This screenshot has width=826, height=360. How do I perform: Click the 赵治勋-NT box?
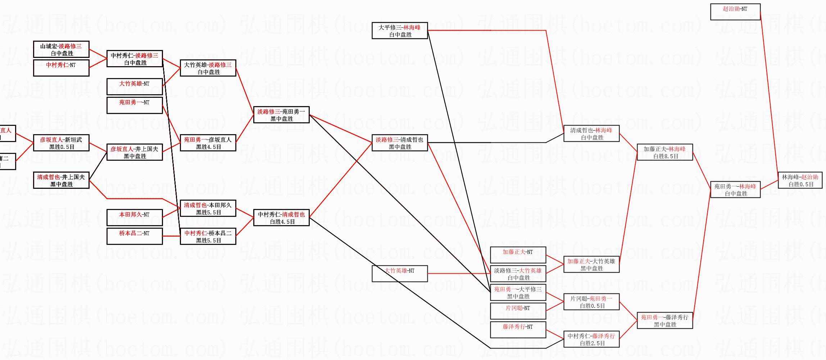click(735, 12)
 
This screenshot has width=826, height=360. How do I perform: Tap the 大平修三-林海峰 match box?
click(399, 31)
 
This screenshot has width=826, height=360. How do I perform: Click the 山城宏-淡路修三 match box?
click(61, 49)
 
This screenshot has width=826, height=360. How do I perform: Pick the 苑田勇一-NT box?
click(135, 105)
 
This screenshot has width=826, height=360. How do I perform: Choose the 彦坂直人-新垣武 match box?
click(61, 143)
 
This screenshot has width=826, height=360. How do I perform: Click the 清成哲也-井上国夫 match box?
click(61, 180)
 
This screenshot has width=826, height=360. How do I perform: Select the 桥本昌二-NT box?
click(135, 236)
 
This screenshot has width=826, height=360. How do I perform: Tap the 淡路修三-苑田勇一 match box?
click(281, 115)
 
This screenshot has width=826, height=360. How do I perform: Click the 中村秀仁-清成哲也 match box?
click(281, 218)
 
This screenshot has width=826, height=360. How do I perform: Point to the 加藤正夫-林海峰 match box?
click(665, 152)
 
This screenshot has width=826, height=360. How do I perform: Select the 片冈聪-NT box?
click(518, 311)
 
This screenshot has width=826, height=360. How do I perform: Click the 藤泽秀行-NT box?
click(518, 330)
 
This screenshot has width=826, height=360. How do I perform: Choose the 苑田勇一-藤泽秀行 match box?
click(665, 320)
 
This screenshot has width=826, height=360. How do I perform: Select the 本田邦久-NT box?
click(135, 218)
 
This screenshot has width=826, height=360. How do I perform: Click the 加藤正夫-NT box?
click(518, 255)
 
